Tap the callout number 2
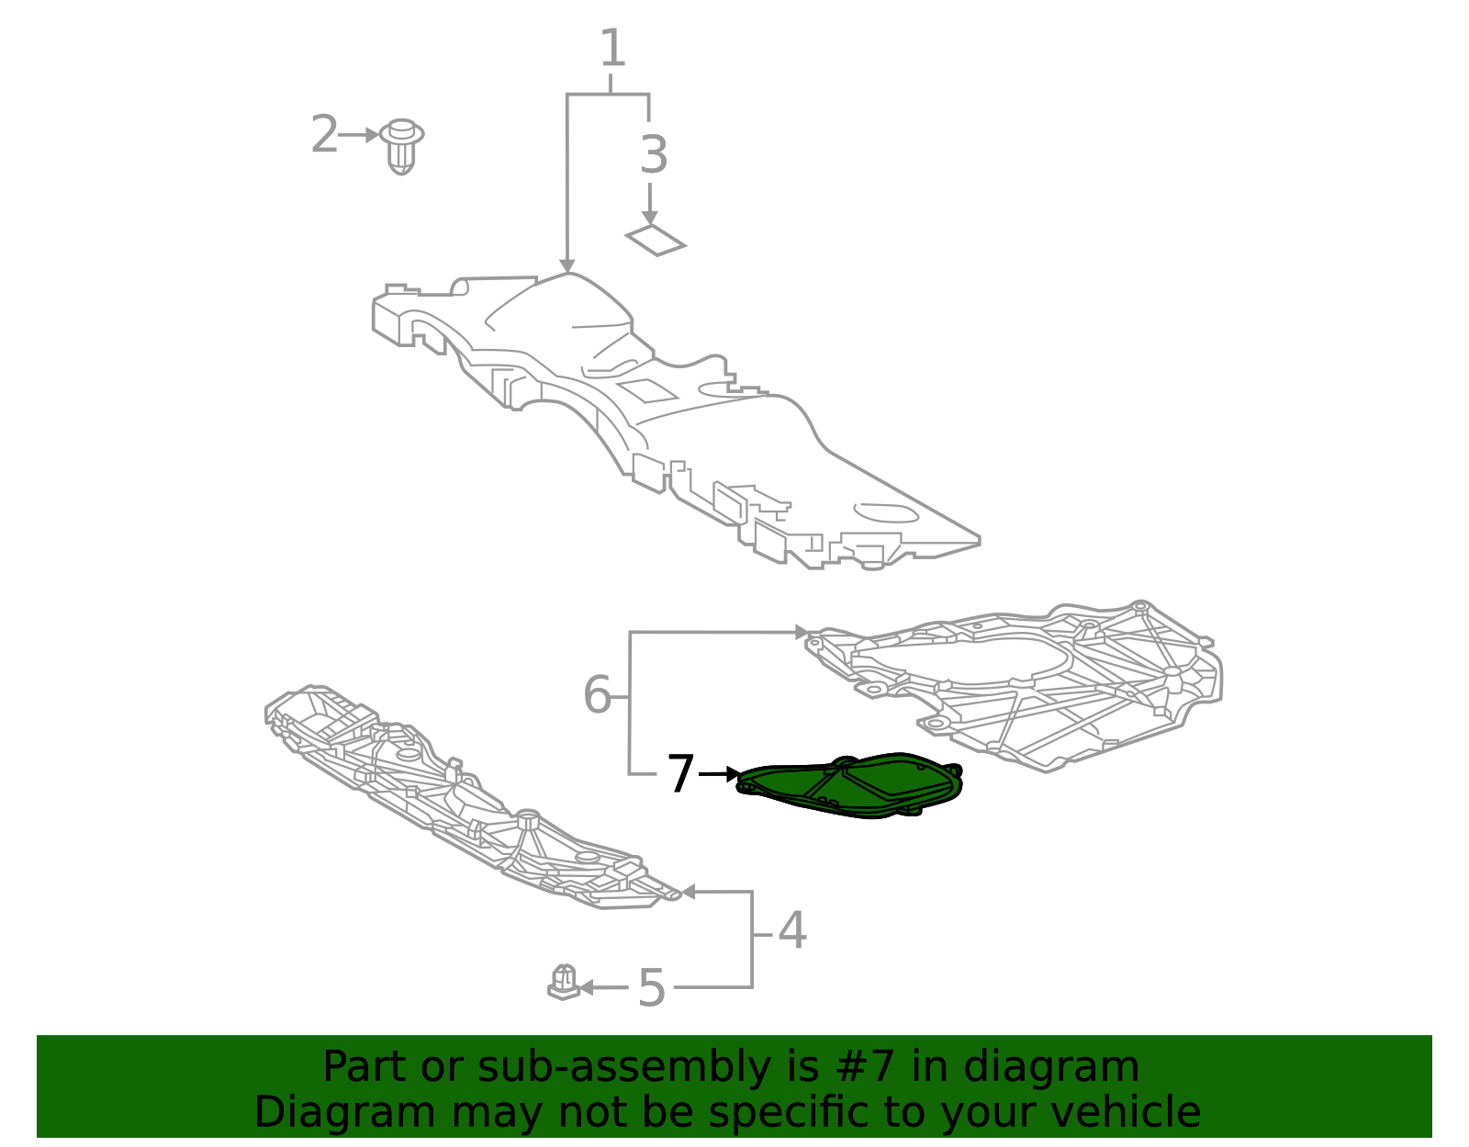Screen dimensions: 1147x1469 tap(324, 135)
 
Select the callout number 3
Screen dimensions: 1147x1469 tap(653, 154)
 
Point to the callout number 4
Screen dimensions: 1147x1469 tap(791, 931)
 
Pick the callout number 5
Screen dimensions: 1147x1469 tap(651, 988)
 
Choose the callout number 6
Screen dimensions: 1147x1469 tap(597, 695)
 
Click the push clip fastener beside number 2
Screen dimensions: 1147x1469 tap(401, 145)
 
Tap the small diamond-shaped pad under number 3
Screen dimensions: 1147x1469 tap(656, 240)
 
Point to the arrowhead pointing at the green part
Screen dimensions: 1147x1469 tap(732, 774)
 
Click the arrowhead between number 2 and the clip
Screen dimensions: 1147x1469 tap(372, 135)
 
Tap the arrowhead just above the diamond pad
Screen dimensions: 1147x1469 tap(650, 218)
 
